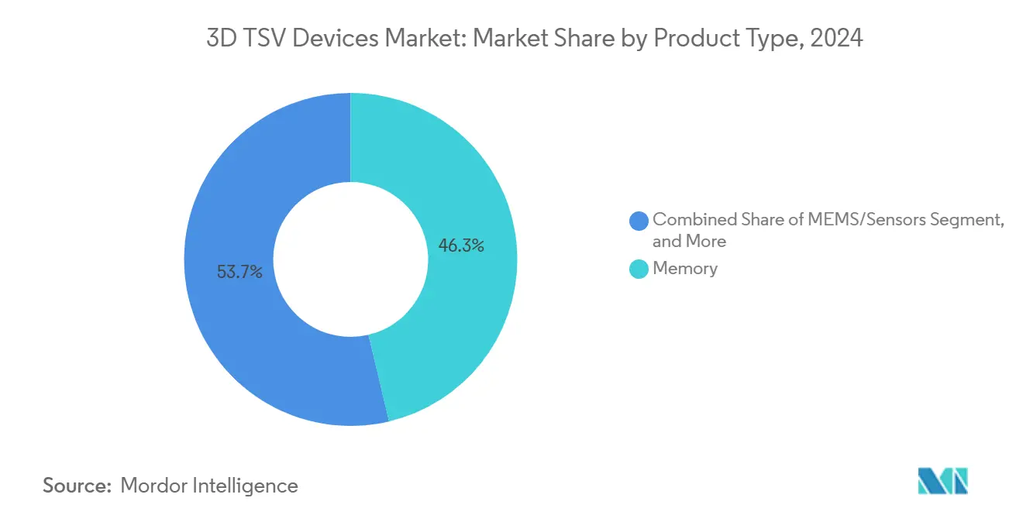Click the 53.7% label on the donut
(239, 272)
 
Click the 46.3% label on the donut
(461, 246)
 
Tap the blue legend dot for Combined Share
(639, 221)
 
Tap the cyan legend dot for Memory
(639, 270)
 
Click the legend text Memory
(685, 269)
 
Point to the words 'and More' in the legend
(689, 242)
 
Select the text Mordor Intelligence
(209, 486)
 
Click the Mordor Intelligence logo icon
(942, 481)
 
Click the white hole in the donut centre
(350, 259)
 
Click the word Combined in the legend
(691, 220)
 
